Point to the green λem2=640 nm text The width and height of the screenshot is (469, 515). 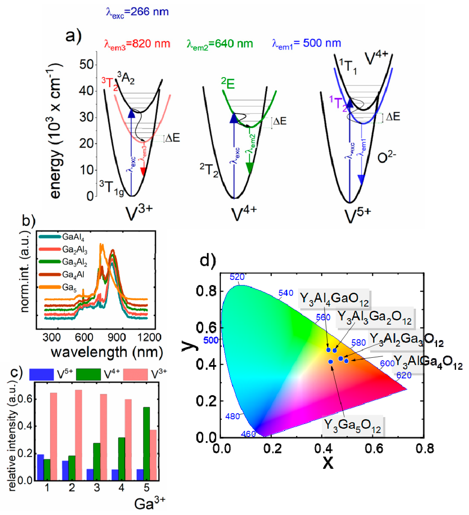(220, 44)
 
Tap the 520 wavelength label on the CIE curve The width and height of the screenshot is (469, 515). (237, 277)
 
